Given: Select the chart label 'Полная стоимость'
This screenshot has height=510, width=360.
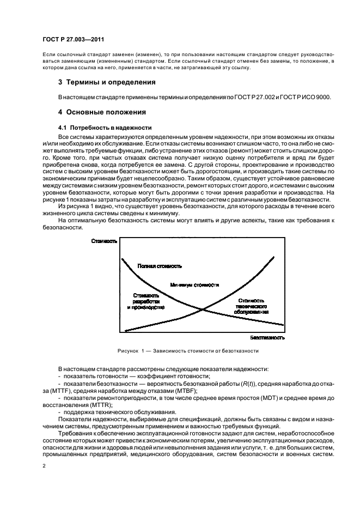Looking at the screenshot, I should tap(160, 266).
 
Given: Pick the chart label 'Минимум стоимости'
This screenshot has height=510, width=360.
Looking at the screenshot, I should tap(194, 284).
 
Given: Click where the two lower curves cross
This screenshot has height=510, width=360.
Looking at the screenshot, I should tap(203, 310).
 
